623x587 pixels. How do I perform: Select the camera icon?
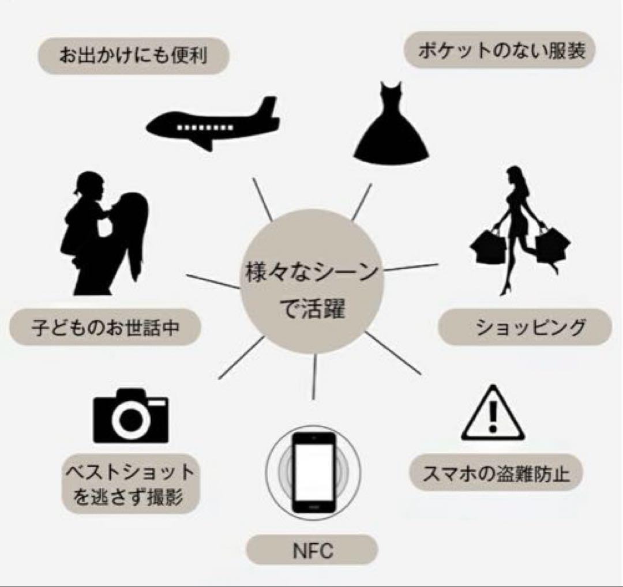(131, 416)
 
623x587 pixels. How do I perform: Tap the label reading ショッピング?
(524, 327)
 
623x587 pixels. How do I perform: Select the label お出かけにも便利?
(133, 56)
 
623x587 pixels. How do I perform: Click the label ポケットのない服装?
(500, 51)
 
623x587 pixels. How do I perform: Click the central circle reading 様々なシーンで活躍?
(311, 291)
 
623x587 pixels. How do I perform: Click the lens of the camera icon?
(132, 421)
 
